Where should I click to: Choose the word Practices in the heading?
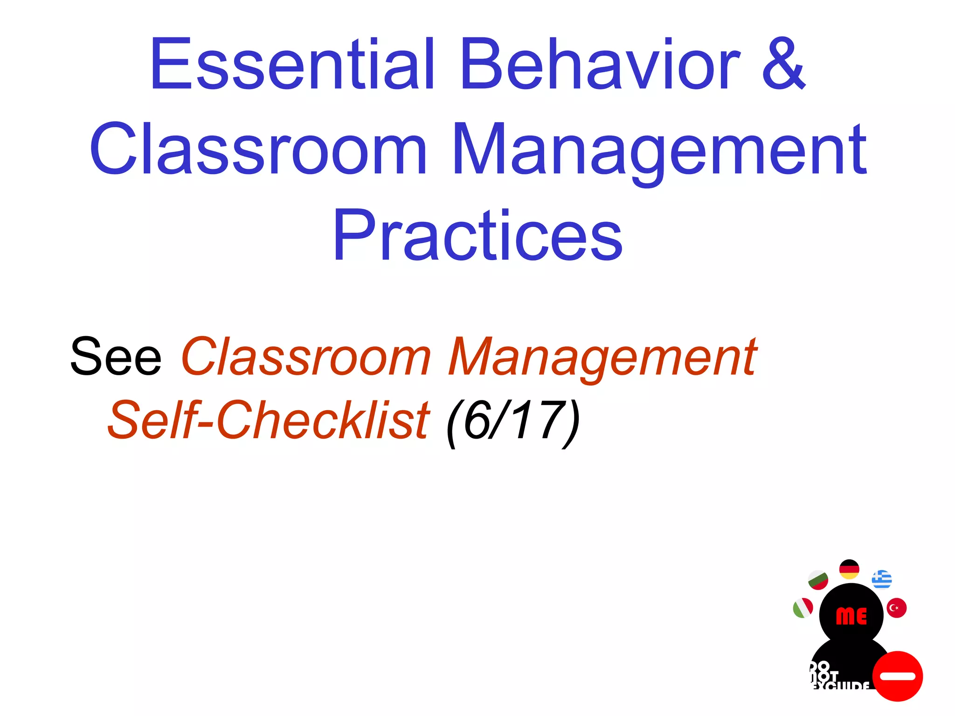click(x=477, y=235)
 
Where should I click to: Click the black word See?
click(x=116, y=357)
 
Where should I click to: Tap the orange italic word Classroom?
click(x=306, y=357)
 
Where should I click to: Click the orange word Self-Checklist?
click(x=268, y=420)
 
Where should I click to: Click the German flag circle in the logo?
click(x=849, y=569)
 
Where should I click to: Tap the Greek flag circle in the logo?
click(x=882, y=579)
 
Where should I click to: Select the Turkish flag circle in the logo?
click(x=896, y=608)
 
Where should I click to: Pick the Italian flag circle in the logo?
click(x=803, y=608)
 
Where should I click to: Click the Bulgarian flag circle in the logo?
click(x=818, y=580)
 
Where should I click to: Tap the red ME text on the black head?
click(x=851, y=616)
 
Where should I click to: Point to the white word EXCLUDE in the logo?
click(x=842, y=686)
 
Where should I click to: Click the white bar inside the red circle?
click(x=897, y=676)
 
